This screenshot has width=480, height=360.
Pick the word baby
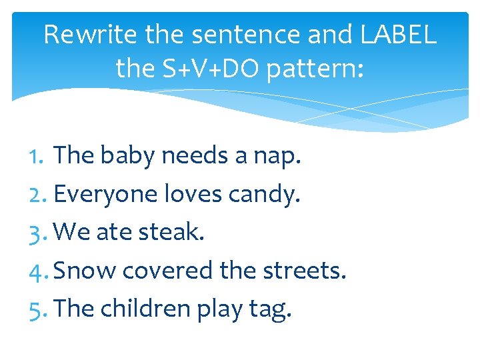pyautogui.click(x=131, y=156)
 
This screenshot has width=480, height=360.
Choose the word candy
pyautogui.click(x=265, y=195)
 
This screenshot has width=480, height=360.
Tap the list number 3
pyautogui.click(x=39, y=233)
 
